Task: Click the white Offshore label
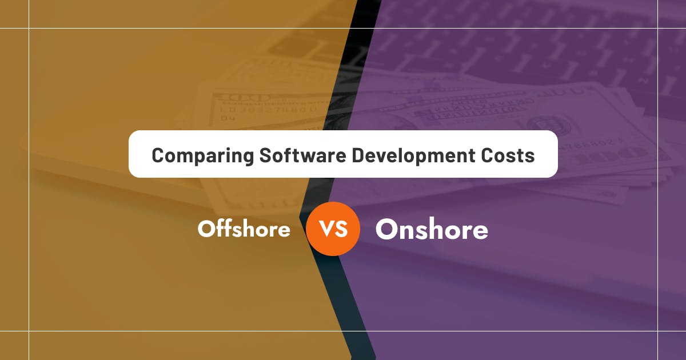coord(244,229)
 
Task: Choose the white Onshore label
coord(432,229)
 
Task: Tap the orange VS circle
coord(333,229)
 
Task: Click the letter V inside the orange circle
coord(326,229)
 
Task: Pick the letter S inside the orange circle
coord(341,229)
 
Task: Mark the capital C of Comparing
coord(158,155)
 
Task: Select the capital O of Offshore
coord(206,230)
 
